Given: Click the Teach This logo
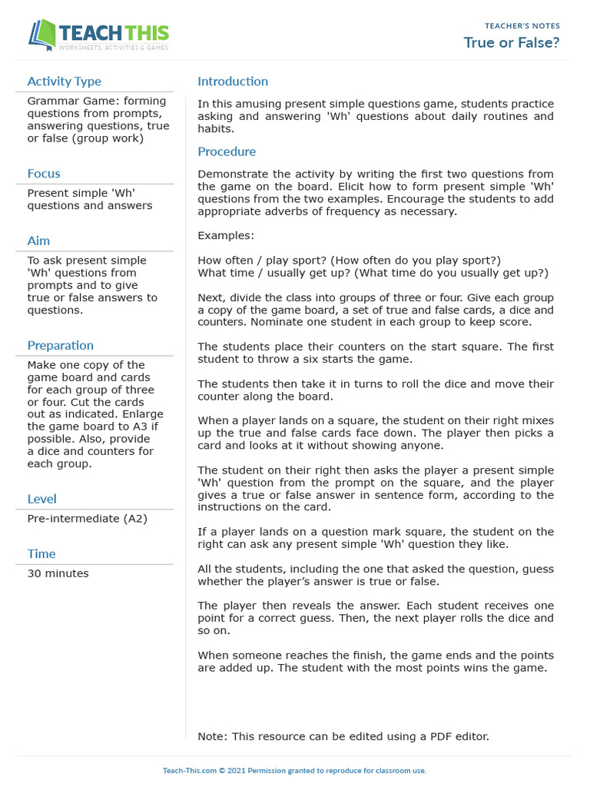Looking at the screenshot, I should click(98, 35).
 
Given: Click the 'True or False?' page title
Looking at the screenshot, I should click(512, 42).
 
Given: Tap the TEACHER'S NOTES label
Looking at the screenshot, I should click(522, 26).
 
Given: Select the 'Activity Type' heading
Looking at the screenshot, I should click(64, 81).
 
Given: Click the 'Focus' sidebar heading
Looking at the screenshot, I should click(44, 174).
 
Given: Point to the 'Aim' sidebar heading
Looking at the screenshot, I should click(38, 241).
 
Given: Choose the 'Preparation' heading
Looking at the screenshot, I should click(61, 345).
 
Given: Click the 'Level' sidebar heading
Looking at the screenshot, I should click(41, 499).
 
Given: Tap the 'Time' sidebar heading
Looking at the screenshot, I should click(41, 553).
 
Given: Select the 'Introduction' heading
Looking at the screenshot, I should click(233, 81).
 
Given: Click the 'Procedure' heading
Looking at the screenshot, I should click(227, 151).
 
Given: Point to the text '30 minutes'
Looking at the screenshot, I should click(58, 573).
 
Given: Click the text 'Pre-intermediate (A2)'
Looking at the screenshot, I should click(87, 519).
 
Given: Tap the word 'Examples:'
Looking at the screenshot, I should click(226, 235).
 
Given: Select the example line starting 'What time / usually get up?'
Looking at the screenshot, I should click(373, 273).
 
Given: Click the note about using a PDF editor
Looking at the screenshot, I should click(343, 736).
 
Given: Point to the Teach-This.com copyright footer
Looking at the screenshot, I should click(294, 770).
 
